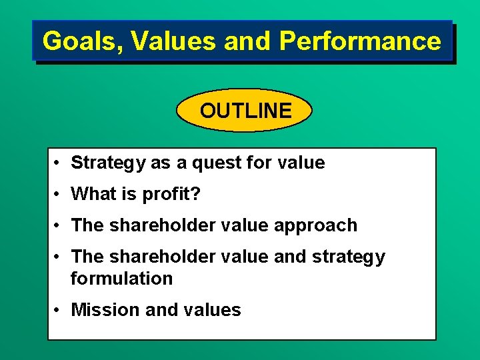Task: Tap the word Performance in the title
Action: (x=360, y=41)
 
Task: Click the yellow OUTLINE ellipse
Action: (x=245, y=111)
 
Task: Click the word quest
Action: (x=211, y=163)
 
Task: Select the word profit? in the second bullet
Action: (x=173, y=194)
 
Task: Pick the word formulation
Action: (x=121, y=279)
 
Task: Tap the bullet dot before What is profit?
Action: (x=59, y=194)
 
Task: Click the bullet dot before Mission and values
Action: (x=59, y=310)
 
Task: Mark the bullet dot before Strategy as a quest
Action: (x=59, y=163)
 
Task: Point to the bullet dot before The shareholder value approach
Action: (x=59, y=225)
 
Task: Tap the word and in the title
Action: (x=248, y=41)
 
